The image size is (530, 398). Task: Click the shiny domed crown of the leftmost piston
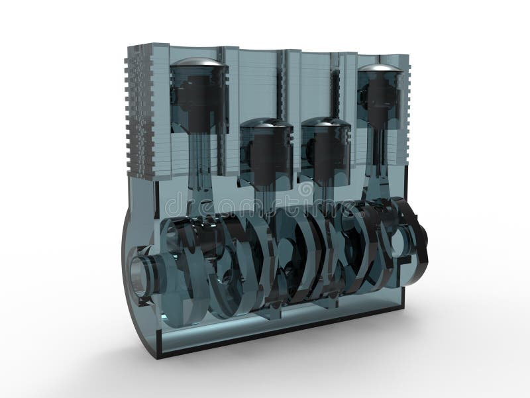pos(199,62)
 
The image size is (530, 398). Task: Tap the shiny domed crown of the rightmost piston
pos(380,68)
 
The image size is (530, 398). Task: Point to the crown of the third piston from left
pos(325,123)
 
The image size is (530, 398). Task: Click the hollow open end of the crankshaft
pos(140,274)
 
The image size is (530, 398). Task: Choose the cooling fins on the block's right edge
pos(405,113)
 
